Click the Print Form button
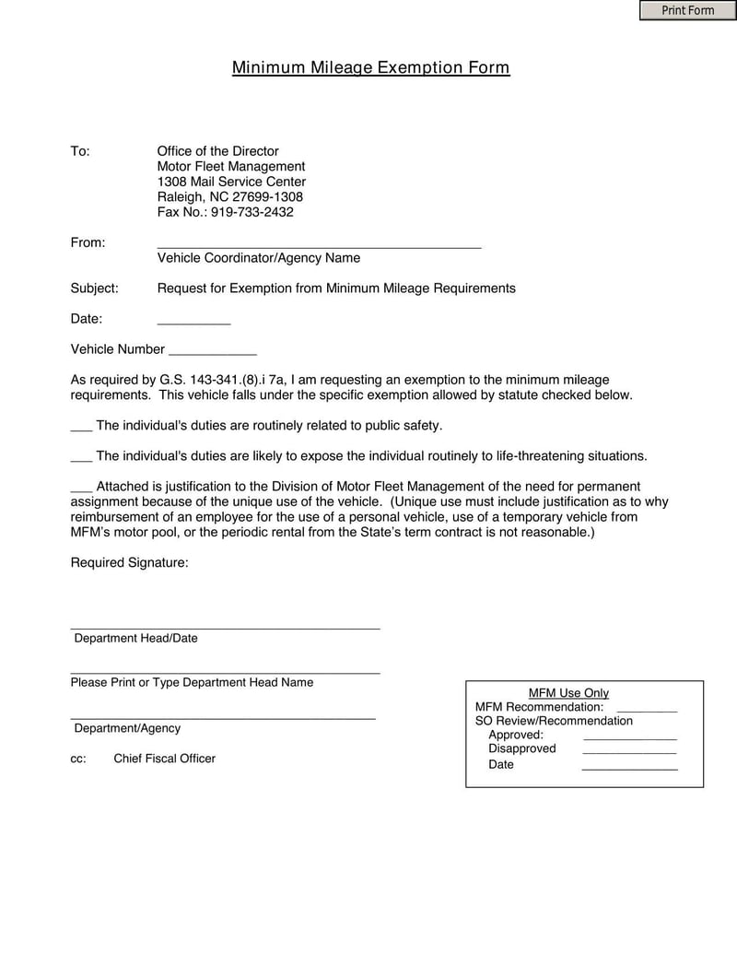(687, 10)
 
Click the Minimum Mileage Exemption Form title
(370, 67)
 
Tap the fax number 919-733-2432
(252, 212)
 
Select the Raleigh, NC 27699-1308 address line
(229, 196)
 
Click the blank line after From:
(319, 245)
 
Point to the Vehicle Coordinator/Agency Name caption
(258, 258)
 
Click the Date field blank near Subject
(193, 322)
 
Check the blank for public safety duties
(81, 429)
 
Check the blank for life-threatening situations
(81, 459)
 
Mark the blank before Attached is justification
(81, 489)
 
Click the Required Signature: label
(129, 562)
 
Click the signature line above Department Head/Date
(225, 627)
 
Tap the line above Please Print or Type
(225, 672)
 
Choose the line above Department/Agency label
(223, 716)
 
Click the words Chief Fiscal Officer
(164, 759)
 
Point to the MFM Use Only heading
(568, 693)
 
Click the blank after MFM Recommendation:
(646, 711)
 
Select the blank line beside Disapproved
(629, 753)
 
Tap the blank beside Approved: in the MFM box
(629, 738)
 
